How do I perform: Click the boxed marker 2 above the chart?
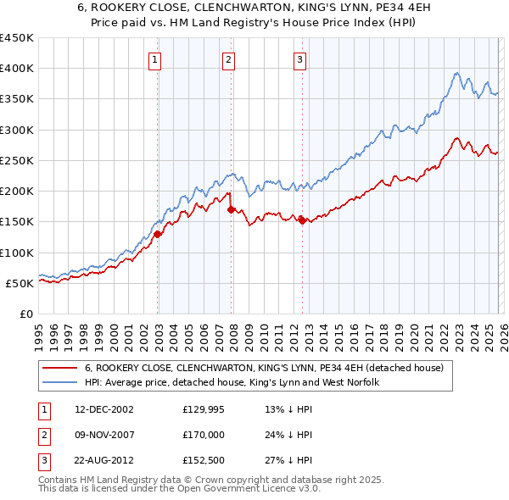coord(229,59)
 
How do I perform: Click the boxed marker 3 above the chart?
coord(300,59)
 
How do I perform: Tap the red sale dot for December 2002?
coord(158,235)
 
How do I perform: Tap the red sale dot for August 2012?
coord(303,220)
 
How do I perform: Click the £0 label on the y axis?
coord(25,314)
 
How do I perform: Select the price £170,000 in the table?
coord(204,436)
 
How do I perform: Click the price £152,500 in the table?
coord(204,462)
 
